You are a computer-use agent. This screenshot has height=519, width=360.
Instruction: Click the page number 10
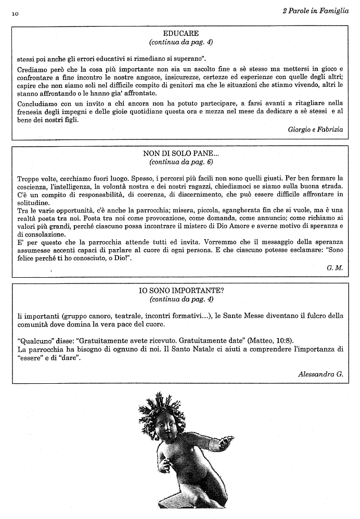coord(14,14)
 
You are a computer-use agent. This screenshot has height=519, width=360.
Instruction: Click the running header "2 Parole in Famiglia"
coord(315,11)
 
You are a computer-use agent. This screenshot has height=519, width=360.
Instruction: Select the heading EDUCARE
coord(181,33)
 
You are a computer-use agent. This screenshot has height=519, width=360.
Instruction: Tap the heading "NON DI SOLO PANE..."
coord(181,154)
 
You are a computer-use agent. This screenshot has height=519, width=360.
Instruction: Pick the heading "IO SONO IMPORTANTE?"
coord(181,291)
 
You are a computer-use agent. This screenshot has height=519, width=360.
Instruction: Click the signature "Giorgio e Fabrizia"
coord(315,129)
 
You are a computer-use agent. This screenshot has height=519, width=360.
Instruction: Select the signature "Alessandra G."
coord(320,374)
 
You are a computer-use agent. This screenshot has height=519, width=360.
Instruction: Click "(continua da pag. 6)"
coord(181,162)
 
